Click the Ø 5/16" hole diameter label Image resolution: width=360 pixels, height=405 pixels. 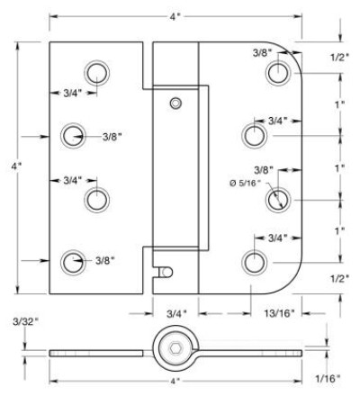tap(246, 183)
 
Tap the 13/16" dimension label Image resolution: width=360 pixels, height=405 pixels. tap(279, 313)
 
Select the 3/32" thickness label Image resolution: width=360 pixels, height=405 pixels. tap(26, 322)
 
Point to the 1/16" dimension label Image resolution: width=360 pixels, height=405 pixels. tap(328, 379)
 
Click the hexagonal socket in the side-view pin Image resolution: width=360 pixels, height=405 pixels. tap(175, 348)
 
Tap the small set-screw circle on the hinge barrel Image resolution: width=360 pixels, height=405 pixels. tap(175, 103)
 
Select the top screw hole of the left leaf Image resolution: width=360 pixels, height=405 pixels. tap(97, 73)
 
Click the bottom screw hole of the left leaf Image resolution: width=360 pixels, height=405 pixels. tap(73, 262)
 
